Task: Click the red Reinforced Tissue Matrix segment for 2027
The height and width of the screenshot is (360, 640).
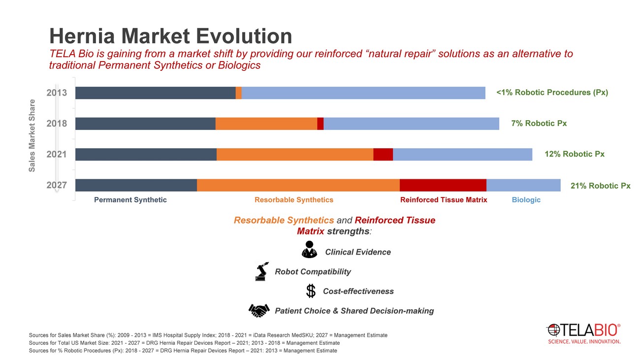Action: coord(443,185)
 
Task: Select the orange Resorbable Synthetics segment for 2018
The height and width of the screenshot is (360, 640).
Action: coord(266,124)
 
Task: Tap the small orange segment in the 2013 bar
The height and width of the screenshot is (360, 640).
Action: coord(239,93)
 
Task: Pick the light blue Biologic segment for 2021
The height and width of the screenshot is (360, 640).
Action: coord(462,154)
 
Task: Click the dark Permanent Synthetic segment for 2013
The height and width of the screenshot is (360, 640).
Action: coord(155,93)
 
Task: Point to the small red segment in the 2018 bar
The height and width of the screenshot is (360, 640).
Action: coord(320,124)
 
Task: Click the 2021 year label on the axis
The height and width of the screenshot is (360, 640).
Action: coord(57,154)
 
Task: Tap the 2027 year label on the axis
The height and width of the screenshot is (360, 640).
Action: coord(57,186)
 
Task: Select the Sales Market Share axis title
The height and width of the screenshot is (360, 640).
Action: coord(32,135)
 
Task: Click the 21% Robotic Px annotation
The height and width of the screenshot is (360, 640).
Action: coord(600,186)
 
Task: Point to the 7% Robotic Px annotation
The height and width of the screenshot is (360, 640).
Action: coord(539,124)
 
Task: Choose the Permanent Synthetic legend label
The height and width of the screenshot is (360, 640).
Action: coord(130,200)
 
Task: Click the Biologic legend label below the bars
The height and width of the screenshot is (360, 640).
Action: coord(526,200)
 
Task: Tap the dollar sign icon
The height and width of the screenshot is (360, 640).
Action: coord(311,291)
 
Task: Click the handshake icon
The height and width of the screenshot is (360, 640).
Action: coord(259,310)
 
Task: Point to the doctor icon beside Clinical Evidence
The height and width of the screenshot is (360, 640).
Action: coord(310,250)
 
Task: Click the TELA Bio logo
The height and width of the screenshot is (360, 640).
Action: coord(584,333)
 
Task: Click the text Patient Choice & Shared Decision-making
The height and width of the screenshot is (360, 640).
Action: coord(354,311)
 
